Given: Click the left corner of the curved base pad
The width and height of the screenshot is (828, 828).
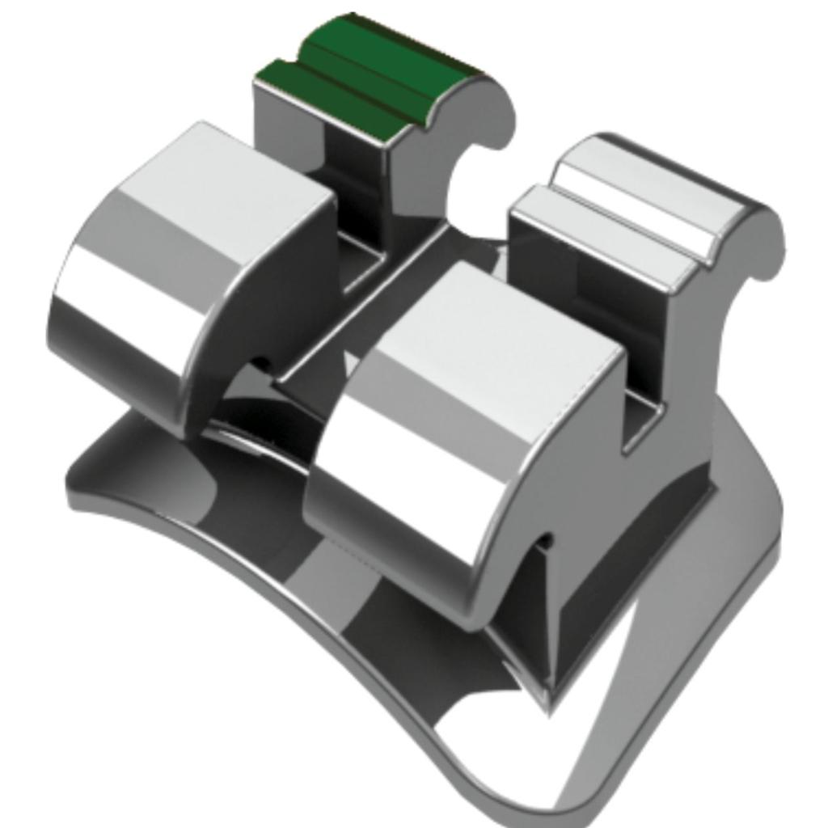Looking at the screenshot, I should coord(77,485).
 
